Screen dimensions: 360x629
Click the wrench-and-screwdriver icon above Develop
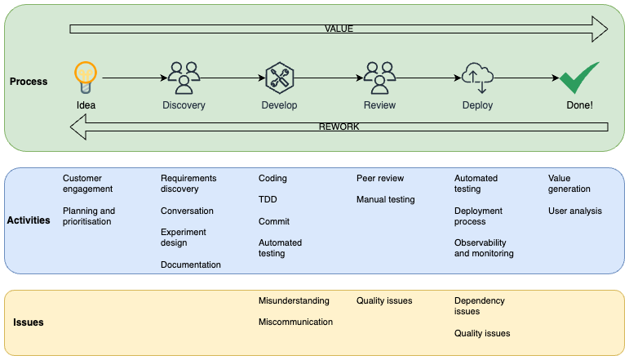279,78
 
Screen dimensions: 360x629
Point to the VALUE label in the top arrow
339,29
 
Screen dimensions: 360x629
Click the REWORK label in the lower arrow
339,127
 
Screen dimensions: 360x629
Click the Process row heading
29,82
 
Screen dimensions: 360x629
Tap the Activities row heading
29,220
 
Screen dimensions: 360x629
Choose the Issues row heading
29,322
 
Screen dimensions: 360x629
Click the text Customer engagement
87,184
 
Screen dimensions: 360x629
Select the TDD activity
268,200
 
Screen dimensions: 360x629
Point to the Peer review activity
380,178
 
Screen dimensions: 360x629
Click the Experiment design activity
184,238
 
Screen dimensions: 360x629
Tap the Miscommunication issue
295,322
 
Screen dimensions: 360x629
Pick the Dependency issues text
480,306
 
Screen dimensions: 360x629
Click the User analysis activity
575,211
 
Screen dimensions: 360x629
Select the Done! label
579,105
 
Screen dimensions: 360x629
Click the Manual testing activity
386,199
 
